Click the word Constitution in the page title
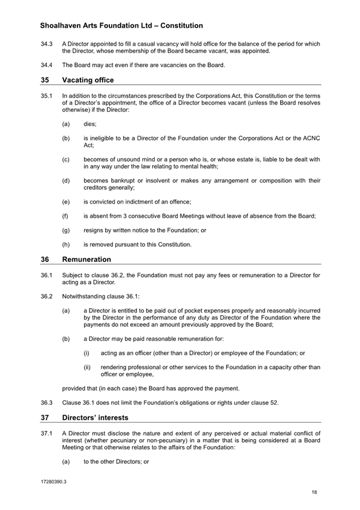coord(178,26)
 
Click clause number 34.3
coord(47,43)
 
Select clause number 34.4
coord(47,65)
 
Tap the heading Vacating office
coord(88,80)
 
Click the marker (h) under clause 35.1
coord(66,245)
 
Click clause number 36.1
coord(47,275)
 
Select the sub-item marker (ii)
coord(87,368)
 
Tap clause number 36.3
coord(47,402)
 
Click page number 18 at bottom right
coord(314,493)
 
